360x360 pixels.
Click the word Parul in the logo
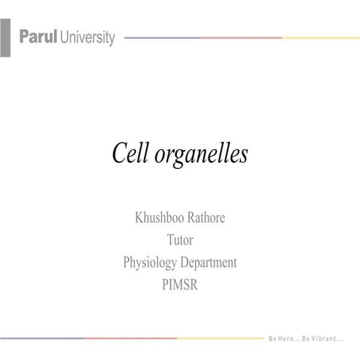coord(38,37)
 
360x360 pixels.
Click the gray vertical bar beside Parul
coord(5,38)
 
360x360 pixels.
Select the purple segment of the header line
coord(161,37)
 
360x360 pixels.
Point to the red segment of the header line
coord(240,37)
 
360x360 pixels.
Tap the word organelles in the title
coord(202,155)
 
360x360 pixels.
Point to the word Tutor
coord(180,241)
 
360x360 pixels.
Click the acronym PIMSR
coord(180,285)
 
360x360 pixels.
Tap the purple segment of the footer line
coord(41,337)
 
